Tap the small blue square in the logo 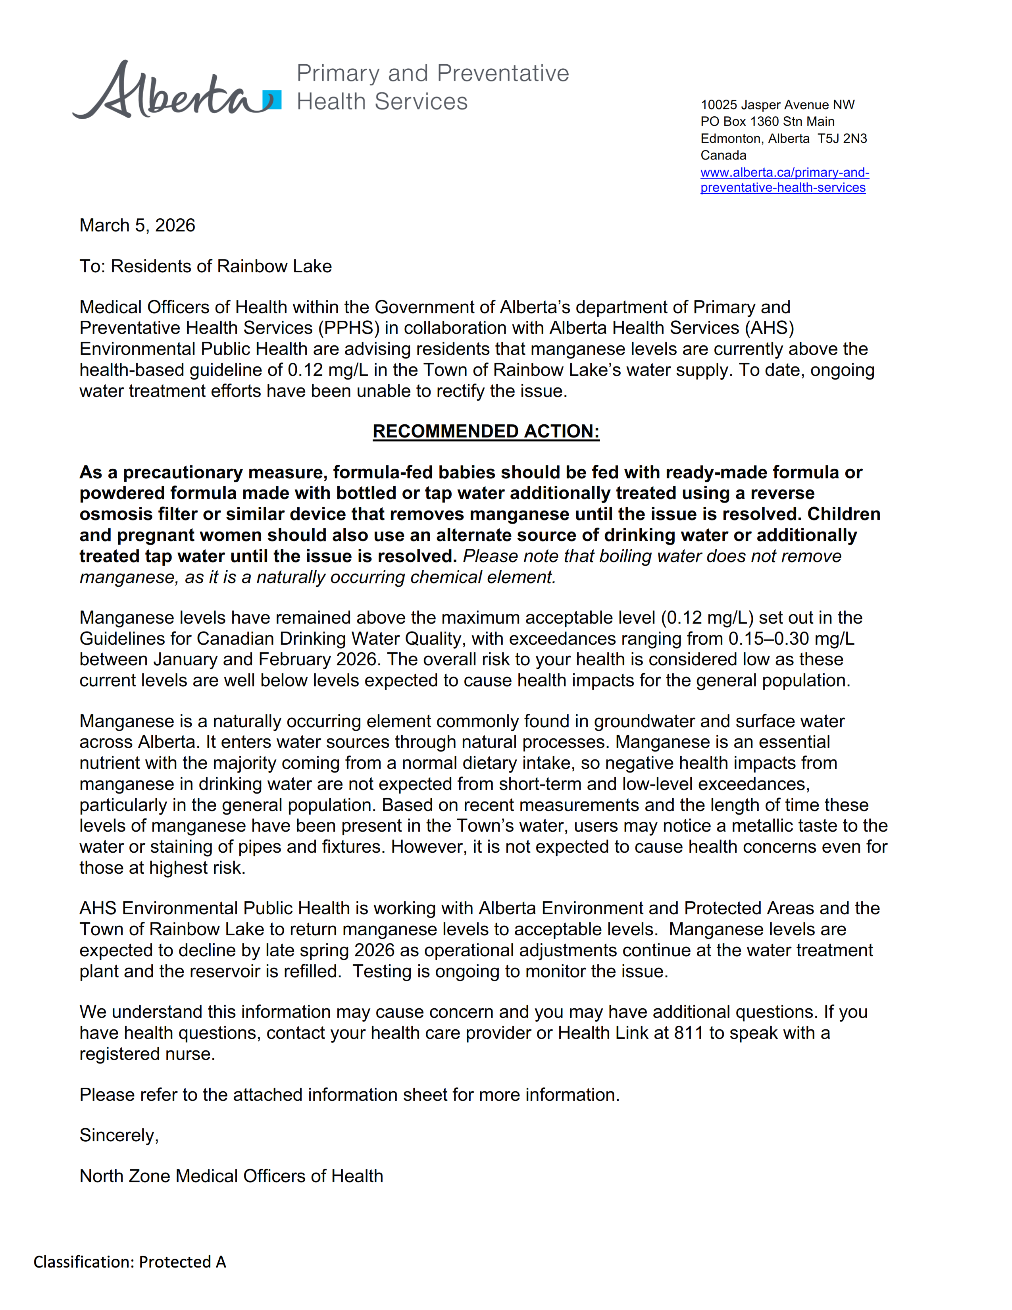click(x=273, y=100)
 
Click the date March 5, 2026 click(x=137, y=225)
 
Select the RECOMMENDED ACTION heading click(x=486, y=431)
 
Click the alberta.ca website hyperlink click(x=784, y=180)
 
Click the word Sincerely click(x=119, y=1135)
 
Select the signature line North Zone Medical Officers click(x=231, y=1176)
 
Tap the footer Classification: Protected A click(x=129, y=1262)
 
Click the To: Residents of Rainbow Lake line click(x=205, y=266)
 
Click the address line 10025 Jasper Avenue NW click(x=777, y=105)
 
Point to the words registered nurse click(x=147, y=1054)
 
